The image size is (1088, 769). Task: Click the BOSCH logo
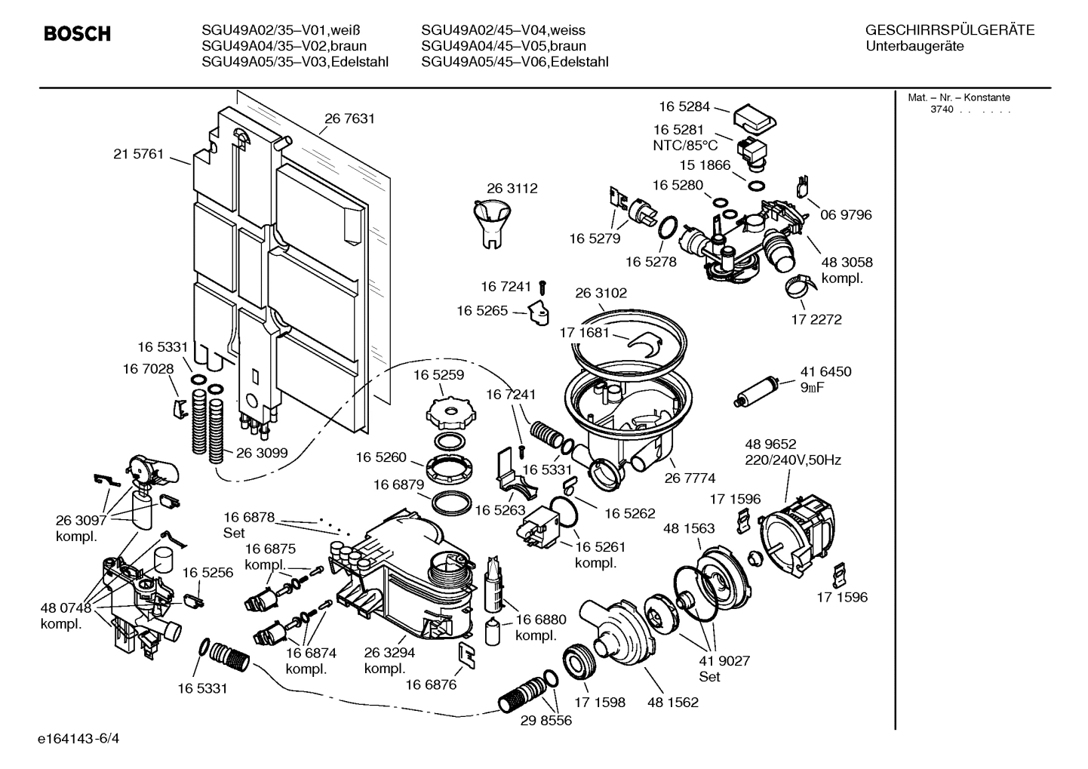tap(77, 34)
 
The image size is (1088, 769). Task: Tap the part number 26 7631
tap(349, 118)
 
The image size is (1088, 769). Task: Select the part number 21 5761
tap(138, 154)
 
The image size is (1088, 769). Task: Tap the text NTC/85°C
tap(685, 146)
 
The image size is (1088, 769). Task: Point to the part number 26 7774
tap(690, 478)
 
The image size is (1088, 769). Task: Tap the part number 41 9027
tap(724, 661)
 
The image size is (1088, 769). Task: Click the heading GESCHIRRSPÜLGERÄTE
tap(949, 30)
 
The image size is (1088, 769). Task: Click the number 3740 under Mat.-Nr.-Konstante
tap(941, 109)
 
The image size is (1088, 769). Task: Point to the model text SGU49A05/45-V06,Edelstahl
tap(515, 62)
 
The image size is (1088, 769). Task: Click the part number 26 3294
tap(389, 653)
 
